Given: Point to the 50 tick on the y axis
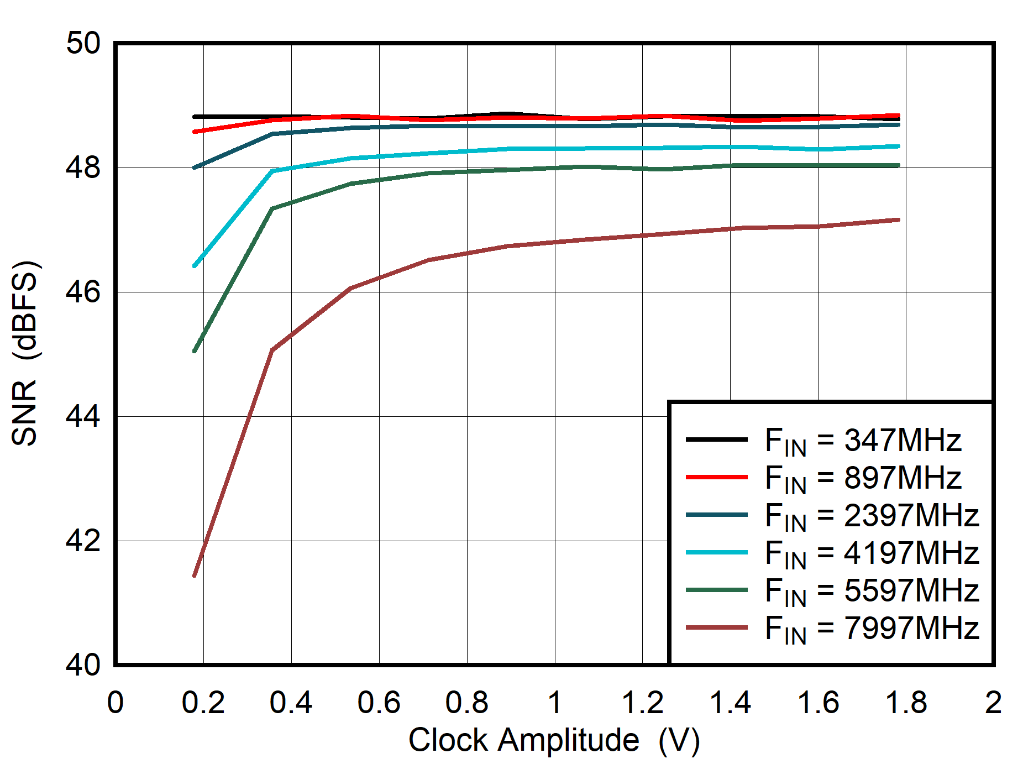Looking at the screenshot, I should [x=83, y=43].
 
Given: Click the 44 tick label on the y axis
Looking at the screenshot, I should [x=83, y=416].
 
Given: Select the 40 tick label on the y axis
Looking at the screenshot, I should [x=83, y=665].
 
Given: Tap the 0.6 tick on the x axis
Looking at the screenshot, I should [x=379, y=703].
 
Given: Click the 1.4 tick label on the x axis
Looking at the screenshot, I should [x=730, y=703].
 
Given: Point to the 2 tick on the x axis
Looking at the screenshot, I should [x=993, y=703].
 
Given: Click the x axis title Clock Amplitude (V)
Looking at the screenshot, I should [x=554, y=740].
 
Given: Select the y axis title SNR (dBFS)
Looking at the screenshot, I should [x=25, y=353].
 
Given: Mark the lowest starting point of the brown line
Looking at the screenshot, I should [x=195, y=575].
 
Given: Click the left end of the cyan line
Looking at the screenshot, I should [x=195, y=266].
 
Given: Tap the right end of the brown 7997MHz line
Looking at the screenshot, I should [x=899, y=220].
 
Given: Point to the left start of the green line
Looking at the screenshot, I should [x=195, y=351].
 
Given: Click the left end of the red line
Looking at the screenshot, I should [x=195, y=132].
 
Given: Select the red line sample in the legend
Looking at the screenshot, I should [x=716, y=477].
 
